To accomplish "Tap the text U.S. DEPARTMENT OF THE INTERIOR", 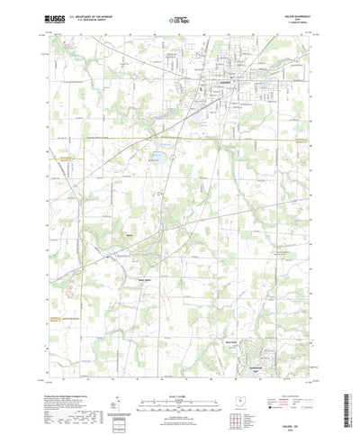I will [85, 14].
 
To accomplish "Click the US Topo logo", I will [179, 19].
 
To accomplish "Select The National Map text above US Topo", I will [179, 14].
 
